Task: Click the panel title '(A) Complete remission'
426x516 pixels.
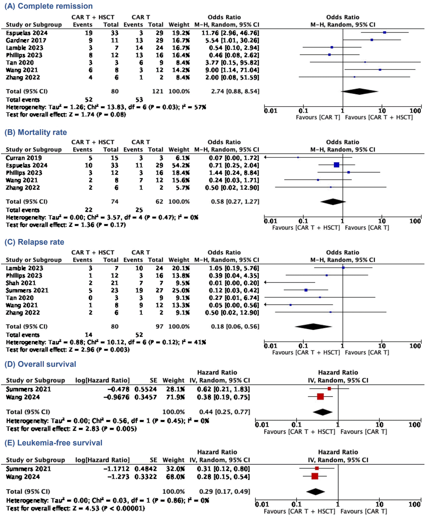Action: tap(49, 6)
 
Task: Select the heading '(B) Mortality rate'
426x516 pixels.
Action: tap(36, 132)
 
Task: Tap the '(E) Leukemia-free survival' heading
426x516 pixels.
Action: tap(53, 443)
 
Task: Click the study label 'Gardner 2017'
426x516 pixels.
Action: tap(26, 40)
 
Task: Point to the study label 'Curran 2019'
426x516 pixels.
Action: tap(24, 158)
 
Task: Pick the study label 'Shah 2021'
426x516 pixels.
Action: tap(21, 283)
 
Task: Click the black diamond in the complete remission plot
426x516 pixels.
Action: tap(359, 91)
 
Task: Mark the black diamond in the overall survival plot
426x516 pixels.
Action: tap(323, 412)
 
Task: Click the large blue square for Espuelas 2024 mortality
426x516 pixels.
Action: tap(336, 165)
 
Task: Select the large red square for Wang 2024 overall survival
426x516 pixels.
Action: tap(320, 397)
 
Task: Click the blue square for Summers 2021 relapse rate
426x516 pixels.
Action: tap(306, 290)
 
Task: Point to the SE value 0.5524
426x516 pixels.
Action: tap(146, 389)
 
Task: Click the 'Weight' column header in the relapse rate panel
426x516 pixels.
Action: tap(179, 260)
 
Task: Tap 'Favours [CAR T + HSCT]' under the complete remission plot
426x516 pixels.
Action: tap(379, 117)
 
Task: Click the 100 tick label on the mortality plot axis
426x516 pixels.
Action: tap(415, 221)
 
